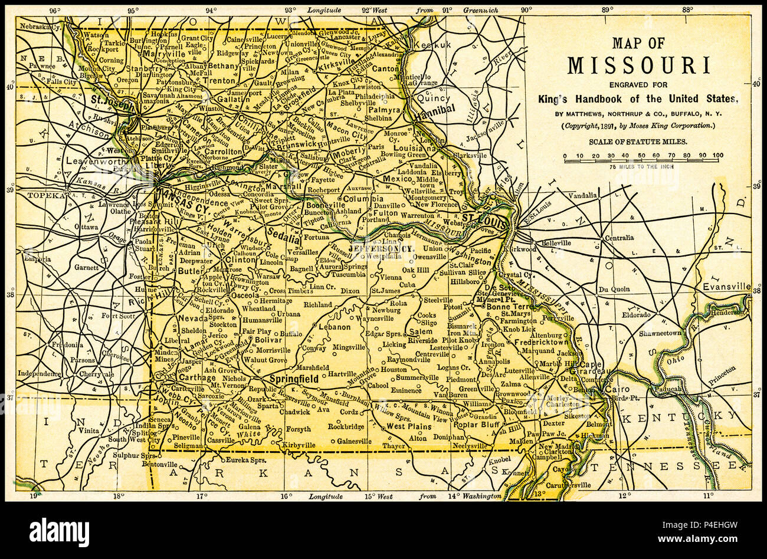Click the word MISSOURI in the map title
(x=638, y=65)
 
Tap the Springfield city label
(x=293, y=379)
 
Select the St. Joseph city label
(x=111, y=100)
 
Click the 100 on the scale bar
(x=717, y=156)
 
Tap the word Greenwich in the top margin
(x=480, y=10)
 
